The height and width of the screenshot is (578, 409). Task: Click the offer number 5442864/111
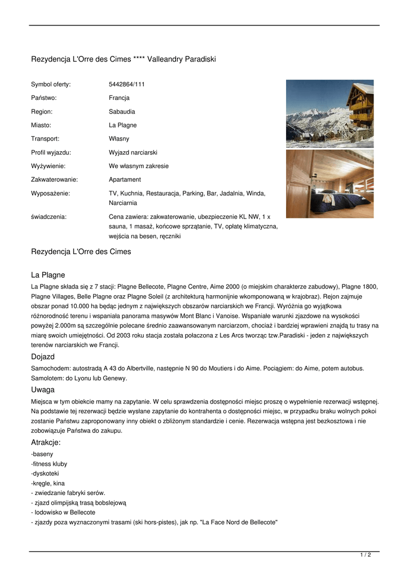tap(126, 85)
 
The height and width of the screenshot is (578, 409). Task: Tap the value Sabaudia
tap(122, 112)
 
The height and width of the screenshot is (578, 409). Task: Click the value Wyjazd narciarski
tap(133, 152)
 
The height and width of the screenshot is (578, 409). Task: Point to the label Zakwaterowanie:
tap(54, 179)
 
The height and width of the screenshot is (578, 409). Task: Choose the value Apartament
tap(125, 179)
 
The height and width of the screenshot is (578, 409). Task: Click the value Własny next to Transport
tap(118, 139)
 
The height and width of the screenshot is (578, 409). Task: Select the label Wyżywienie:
tap(48, 166)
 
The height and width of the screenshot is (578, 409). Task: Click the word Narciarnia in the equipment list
tap(123, 203)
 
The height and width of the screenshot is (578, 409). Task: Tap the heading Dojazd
tap(43, 357)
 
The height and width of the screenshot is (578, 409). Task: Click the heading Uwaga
tap(43, 390)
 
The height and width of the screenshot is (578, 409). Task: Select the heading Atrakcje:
tap(46, 443)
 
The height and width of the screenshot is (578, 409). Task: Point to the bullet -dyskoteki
tap(45, 474)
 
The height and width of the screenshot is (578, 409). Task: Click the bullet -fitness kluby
tap(49, 464)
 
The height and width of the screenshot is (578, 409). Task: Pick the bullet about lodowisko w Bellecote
tap(63, 513)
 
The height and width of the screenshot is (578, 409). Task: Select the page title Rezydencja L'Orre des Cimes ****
tap(124, 59)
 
